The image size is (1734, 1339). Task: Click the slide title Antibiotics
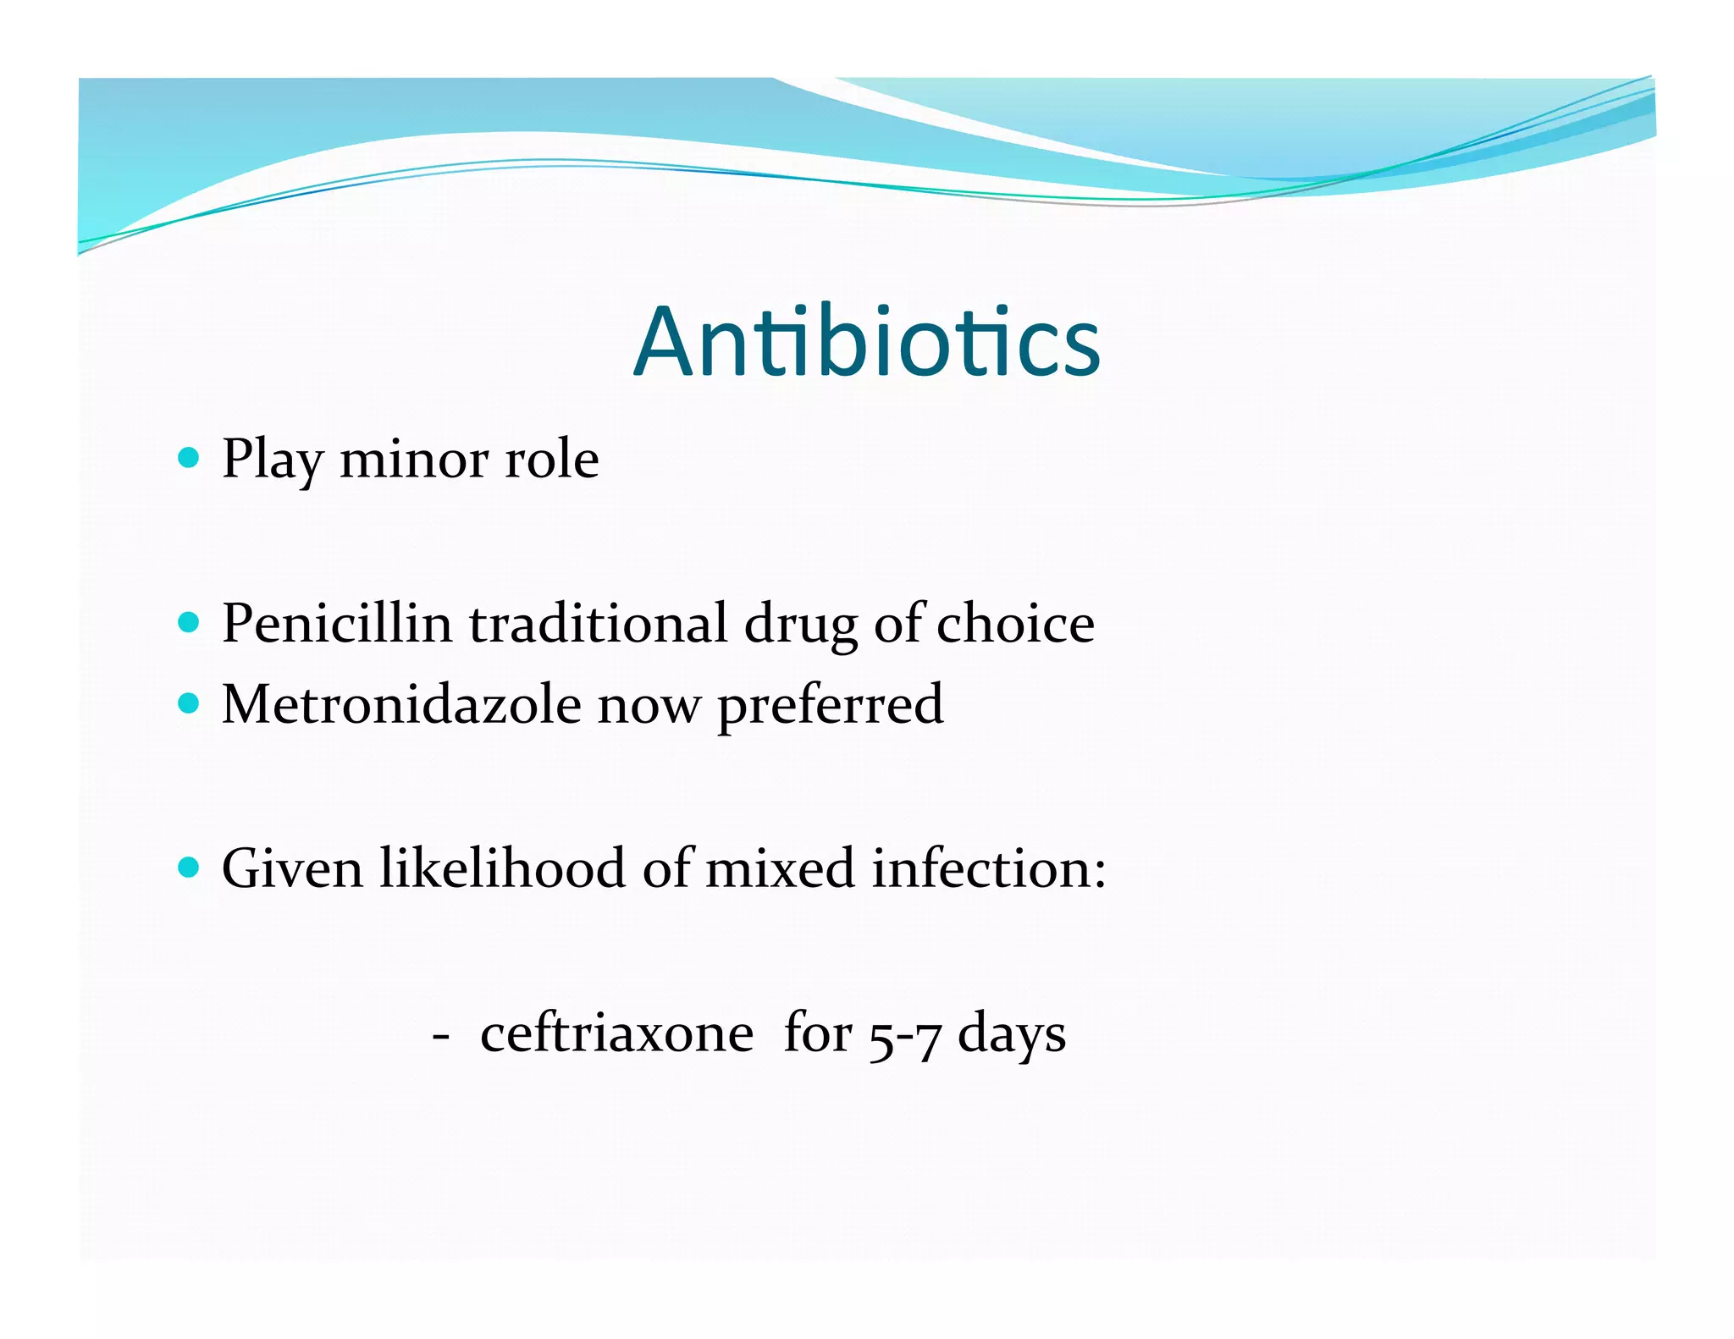tap(867, 342)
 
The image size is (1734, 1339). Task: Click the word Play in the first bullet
tap(272, 460)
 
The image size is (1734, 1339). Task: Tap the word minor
tap(413, 460)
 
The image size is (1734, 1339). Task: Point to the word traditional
tap(598, 624)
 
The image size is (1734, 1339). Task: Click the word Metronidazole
tap(401, 704)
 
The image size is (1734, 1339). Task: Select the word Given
tap(292, 868)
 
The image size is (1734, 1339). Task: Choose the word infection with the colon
tap(988, 868)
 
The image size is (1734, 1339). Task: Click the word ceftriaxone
tap(616, 1033)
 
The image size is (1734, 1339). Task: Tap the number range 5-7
tap(904, 1035)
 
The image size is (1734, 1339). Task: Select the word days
tap(1011, 1035)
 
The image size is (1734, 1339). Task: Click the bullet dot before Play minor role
tap(189, 459)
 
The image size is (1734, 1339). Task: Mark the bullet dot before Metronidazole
tap(189, 703)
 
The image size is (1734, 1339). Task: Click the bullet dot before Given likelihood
tap(189, 868)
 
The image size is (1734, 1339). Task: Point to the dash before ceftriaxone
tap(439, 1035)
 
